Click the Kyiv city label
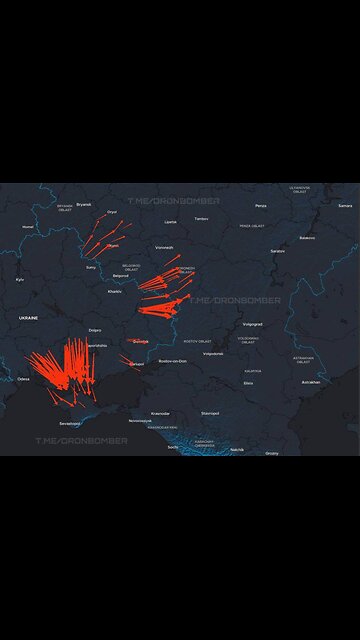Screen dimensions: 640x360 [19, 279]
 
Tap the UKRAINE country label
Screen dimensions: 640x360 [28, 317]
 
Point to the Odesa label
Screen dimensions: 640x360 [23, 379]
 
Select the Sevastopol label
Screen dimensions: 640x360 [70, 423]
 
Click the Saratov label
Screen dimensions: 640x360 [277, 251]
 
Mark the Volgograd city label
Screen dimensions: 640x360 [252, 324]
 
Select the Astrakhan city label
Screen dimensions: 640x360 [311, 381]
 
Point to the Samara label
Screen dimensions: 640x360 [345, 205]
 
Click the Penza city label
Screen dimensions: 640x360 [260, 205]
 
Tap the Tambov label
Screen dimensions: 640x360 [201, 218]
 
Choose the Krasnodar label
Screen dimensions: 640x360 [160, 413]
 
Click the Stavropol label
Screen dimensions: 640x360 [210, 412]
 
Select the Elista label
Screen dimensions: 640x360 [248, 383]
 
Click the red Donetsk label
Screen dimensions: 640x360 [139, 341]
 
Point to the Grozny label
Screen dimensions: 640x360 [272, 453]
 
